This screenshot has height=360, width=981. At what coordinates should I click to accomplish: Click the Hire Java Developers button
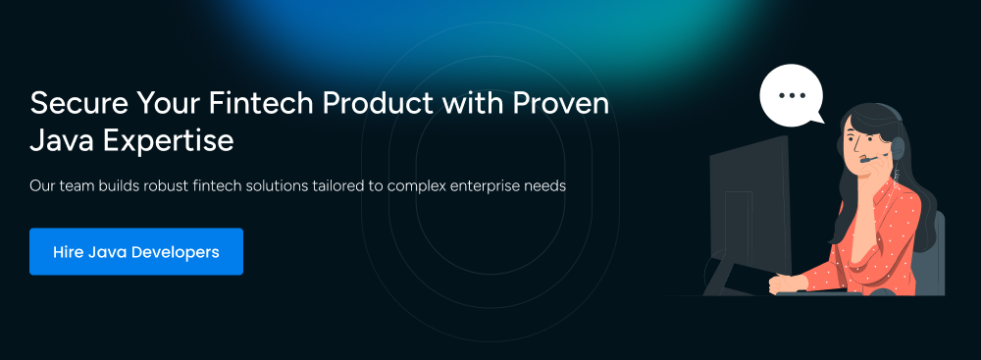coord(135,252)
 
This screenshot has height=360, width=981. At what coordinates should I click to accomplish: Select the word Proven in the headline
coord(561,103)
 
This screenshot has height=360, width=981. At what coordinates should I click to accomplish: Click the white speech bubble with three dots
coord(792,95)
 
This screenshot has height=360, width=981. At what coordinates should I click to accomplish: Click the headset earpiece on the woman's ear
coord(898,148)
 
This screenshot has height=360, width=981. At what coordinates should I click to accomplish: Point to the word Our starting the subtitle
coord(40,186)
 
